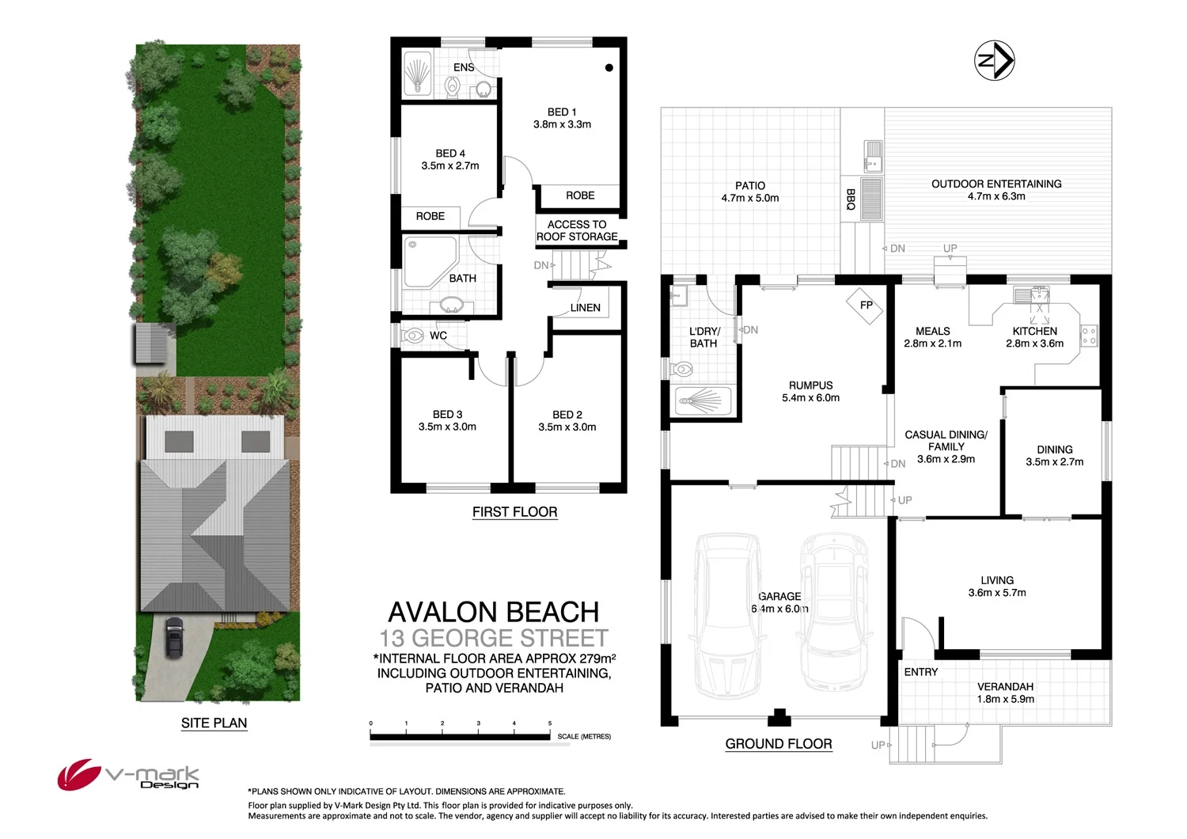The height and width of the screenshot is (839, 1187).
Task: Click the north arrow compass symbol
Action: tap(994, 60)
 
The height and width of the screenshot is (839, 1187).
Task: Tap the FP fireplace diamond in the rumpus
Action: tap(866, 306)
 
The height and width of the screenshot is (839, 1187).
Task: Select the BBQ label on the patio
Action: tap(851, 199)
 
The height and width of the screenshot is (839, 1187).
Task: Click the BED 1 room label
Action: tap(562, 112)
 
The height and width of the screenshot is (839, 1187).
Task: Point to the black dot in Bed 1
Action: tap(609, 68)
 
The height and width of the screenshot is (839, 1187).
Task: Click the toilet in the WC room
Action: tap(413, 336)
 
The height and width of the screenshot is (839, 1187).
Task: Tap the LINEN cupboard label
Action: tap(585, 308)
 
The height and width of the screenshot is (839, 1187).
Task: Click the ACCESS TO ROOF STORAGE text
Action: tap(577, 230)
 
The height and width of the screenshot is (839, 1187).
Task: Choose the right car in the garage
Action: tap(833, 609)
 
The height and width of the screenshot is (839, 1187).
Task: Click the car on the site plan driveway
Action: tap(174, 637)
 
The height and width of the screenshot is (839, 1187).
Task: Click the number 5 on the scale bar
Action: tap(550, 723)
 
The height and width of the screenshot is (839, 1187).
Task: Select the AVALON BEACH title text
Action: tap(493, 612)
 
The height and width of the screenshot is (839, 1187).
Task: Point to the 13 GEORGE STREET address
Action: tap(493, 638)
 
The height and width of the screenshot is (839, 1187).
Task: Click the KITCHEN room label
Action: tap(1034, 332)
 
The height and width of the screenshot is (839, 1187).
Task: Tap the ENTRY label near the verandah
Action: tap(920, 672)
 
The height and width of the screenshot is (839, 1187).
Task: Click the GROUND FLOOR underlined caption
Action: tap(778, 744)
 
